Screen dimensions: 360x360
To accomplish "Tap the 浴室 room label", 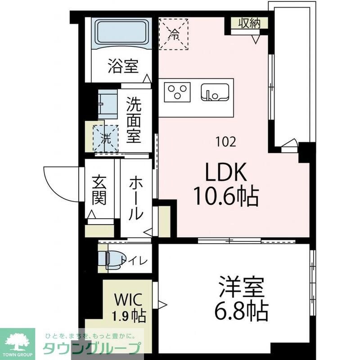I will [x=122, y=67].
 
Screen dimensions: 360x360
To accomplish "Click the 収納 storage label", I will [x=249, y=22].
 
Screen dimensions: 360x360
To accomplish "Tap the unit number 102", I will [x=225, y=143].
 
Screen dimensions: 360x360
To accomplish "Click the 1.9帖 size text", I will [x=128, y=316].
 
